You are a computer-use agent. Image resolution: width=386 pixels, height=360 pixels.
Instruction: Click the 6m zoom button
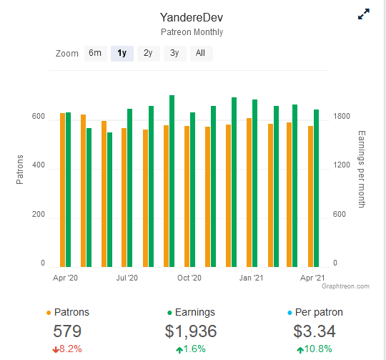tap(96, 53)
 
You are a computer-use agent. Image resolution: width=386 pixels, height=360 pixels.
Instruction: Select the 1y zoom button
tap(122, 53)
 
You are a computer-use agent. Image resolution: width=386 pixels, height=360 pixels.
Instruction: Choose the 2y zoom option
tap(149, 53)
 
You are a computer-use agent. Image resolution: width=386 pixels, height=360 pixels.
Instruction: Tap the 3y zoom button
tap(175, 53)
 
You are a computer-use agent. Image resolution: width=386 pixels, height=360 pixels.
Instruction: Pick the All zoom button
tap(201, 53)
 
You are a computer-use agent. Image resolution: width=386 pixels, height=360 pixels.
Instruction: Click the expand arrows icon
tap(364, 14)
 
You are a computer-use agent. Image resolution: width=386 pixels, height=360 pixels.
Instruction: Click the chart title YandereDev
tap(192, 17)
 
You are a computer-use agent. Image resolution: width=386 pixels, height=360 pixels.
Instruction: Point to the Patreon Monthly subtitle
tap(192, 32)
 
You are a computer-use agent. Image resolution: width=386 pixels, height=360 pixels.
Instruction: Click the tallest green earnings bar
tap(172, 181)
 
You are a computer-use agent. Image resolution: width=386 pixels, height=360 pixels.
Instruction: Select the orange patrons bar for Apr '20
tap(62, 190)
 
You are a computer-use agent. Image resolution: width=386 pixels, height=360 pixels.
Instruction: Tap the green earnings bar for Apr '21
tap(317, 188)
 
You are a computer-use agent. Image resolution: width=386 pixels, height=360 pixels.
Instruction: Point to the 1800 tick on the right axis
tap(342, 116)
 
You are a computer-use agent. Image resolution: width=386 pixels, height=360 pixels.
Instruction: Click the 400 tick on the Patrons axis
tap(39, 165)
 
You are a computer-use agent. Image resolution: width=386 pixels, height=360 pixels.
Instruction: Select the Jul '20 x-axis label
tap(127, 278)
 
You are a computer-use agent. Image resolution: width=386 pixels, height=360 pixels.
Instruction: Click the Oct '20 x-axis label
tap(189, 278)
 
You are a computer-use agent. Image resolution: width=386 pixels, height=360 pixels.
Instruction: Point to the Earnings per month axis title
tap(362, 169)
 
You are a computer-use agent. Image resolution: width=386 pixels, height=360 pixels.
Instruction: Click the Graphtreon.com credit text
tap(345, 286)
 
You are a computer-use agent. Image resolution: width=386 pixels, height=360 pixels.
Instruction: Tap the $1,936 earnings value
tap(191, 331)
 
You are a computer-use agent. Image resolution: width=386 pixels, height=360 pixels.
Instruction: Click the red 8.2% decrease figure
tap(67, 349)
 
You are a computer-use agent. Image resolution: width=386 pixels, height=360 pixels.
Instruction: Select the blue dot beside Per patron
tap(289, 313)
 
